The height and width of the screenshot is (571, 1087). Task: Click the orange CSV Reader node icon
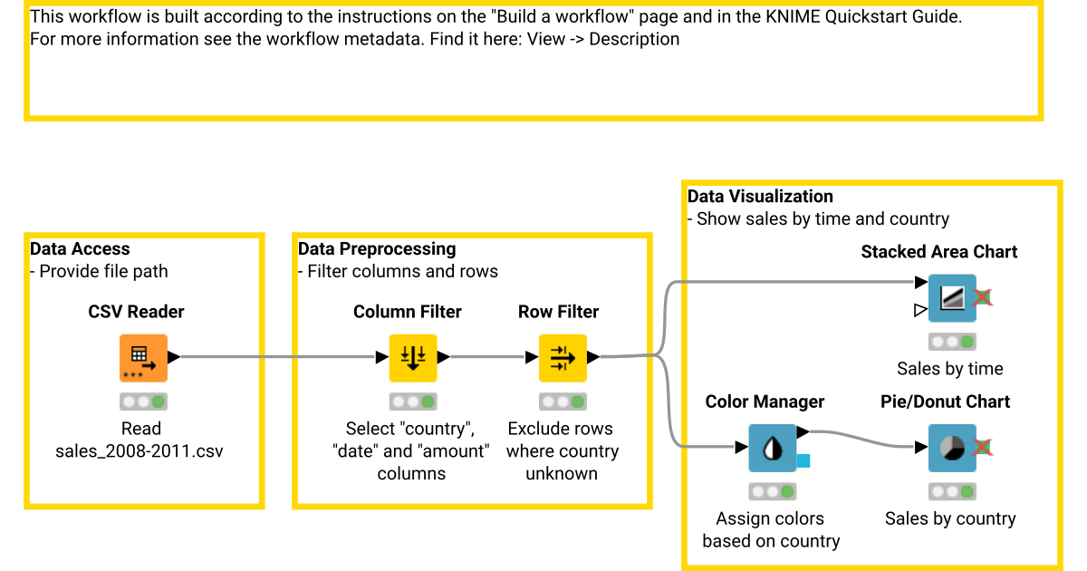[x=143, y=357]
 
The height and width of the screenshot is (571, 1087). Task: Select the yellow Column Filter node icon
[x=412, y=357]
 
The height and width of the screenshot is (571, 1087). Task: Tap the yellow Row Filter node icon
[x=562, y=357]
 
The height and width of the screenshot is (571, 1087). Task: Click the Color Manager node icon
[x=771, y=448]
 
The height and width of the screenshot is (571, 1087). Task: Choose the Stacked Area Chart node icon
[x=951, y=298]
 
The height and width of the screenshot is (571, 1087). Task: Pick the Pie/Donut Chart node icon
[x=951, y=448]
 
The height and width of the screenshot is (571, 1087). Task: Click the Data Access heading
[x=80, y=249]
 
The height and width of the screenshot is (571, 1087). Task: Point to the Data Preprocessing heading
[x=377, y=249]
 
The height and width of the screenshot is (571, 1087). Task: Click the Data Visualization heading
[x=760, y=197]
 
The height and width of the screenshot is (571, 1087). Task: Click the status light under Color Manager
[x=773, y=492]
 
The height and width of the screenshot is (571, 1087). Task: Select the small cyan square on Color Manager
[x=803, y=461]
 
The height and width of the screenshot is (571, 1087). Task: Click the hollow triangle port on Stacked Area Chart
[x=920, y=311]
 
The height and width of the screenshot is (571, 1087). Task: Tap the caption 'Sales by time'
[x=950, y=369]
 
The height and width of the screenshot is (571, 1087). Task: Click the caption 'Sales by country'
[x=950, y=518]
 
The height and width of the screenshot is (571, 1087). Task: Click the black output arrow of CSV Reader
[x=174, y=357]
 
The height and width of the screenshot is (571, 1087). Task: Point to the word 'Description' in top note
[x=634, y=39]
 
